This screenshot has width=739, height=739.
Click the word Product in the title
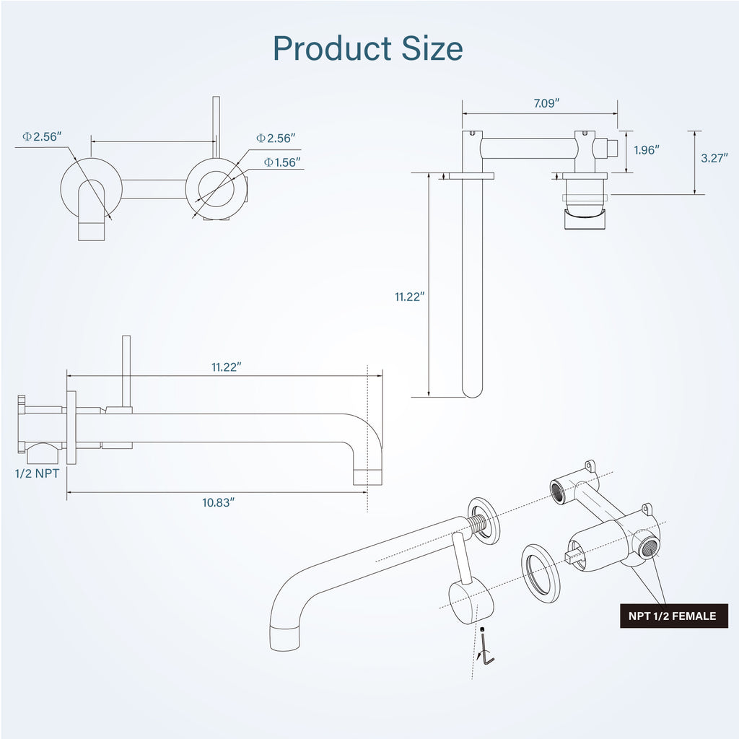pos(332,48)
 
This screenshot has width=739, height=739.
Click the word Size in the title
pos(432,48)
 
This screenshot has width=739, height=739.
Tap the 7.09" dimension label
pos(546,103)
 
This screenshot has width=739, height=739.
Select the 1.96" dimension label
pos(646,150)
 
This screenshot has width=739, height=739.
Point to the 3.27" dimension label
pos(714,158)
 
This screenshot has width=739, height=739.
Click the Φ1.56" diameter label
pos(282,162)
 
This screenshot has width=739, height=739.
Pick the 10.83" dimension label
pos(218,502)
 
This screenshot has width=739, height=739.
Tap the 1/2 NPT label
pos(38,473)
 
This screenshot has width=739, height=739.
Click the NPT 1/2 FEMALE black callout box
pos(673,616)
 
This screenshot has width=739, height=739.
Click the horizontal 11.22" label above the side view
pos(226,367)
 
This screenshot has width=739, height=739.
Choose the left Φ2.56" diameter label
pos(42,136)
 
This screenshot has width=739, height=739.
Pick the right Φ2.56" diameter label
pos(276,138)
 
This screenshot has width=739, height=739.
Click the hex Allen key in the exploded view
pos(487,649)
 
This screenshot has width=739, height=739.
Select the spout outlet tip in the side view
pos(367,477)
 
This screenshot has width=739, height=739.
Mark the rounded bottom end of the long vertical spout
pos(472,390)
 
